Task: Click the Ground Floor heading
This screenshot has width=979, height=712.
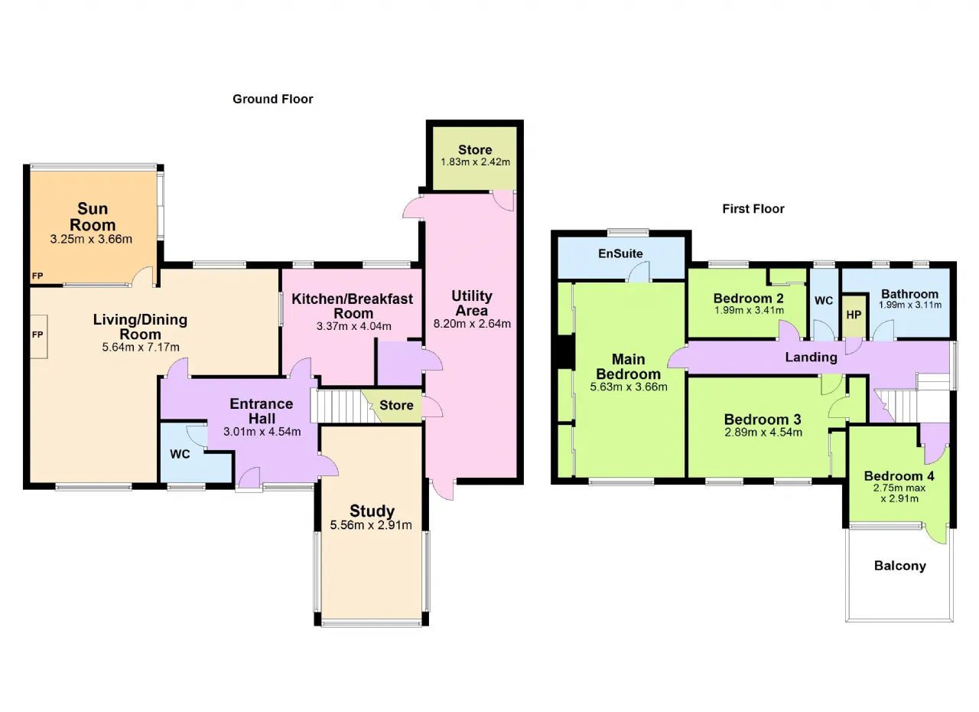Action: point(273,100)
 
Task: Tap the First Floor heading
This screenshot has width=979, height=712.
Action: point(753,209)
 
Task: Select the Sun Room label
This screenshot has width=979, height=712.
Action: point(93,217)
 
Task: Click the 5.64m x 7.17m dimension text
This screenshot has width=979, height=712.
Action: point(141,348)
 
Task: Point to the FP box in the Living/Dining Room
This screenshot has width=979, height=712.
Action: point(38,336)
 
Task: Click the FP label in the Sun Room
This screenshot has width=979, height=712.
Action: point(37,276)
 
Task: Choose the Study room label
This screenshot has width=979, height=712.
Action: point(372,511)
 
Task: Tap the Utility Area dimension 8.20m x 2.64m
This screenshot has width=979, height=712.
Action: point(472,324)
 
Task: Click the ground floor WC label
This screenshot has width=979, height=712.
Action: point(180,454)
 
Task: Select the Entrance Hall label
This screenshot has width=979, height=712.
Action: point(262,411)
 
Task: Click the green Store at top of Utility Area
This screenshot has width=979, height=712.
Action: point(475,158)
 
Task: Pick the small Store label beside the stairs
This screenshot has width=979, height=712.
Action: point(396,406)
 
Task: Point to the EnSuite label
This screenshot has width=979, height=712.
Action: point(620,253)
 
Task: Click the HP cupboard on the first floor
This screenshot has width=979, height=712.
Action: point(854,315)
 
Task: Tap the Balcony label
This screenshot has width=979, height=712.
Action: point(900,566)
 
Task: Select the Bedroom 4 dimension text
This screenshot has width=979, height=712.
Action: point(899,493)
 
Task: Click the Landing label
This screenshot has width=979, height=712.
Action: point(811,358)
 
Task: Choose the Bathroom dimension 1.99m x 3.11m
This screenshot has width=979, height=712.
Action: point(910,305)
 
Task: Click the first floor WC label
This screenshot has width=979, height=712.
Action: point(824,300)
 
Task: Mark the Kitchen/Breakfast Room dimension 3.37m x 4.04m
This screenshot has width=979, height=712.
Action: point(354,326)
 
